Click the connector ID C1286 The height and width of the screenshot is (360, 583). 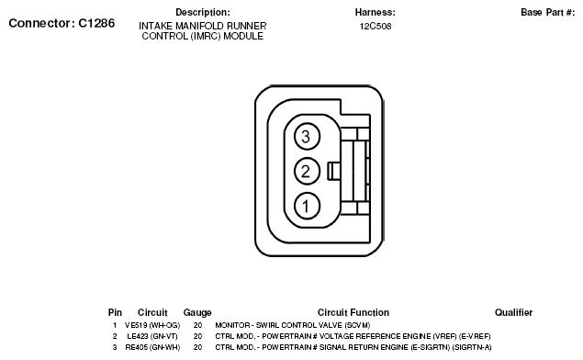point(96,23)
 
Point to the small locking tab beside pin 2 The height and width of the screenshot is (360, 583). point(333,171)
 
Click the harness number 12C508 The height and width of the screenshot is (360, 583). point(376,27)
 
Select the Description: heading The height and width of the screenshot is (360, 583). point(203,12)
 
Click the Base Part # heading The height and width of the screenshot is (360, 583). point(547,12)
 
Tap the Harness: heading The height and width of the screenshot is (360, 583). point(376,12)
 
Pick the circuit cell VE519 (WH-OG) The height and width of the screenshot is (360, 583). point(152,325)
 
